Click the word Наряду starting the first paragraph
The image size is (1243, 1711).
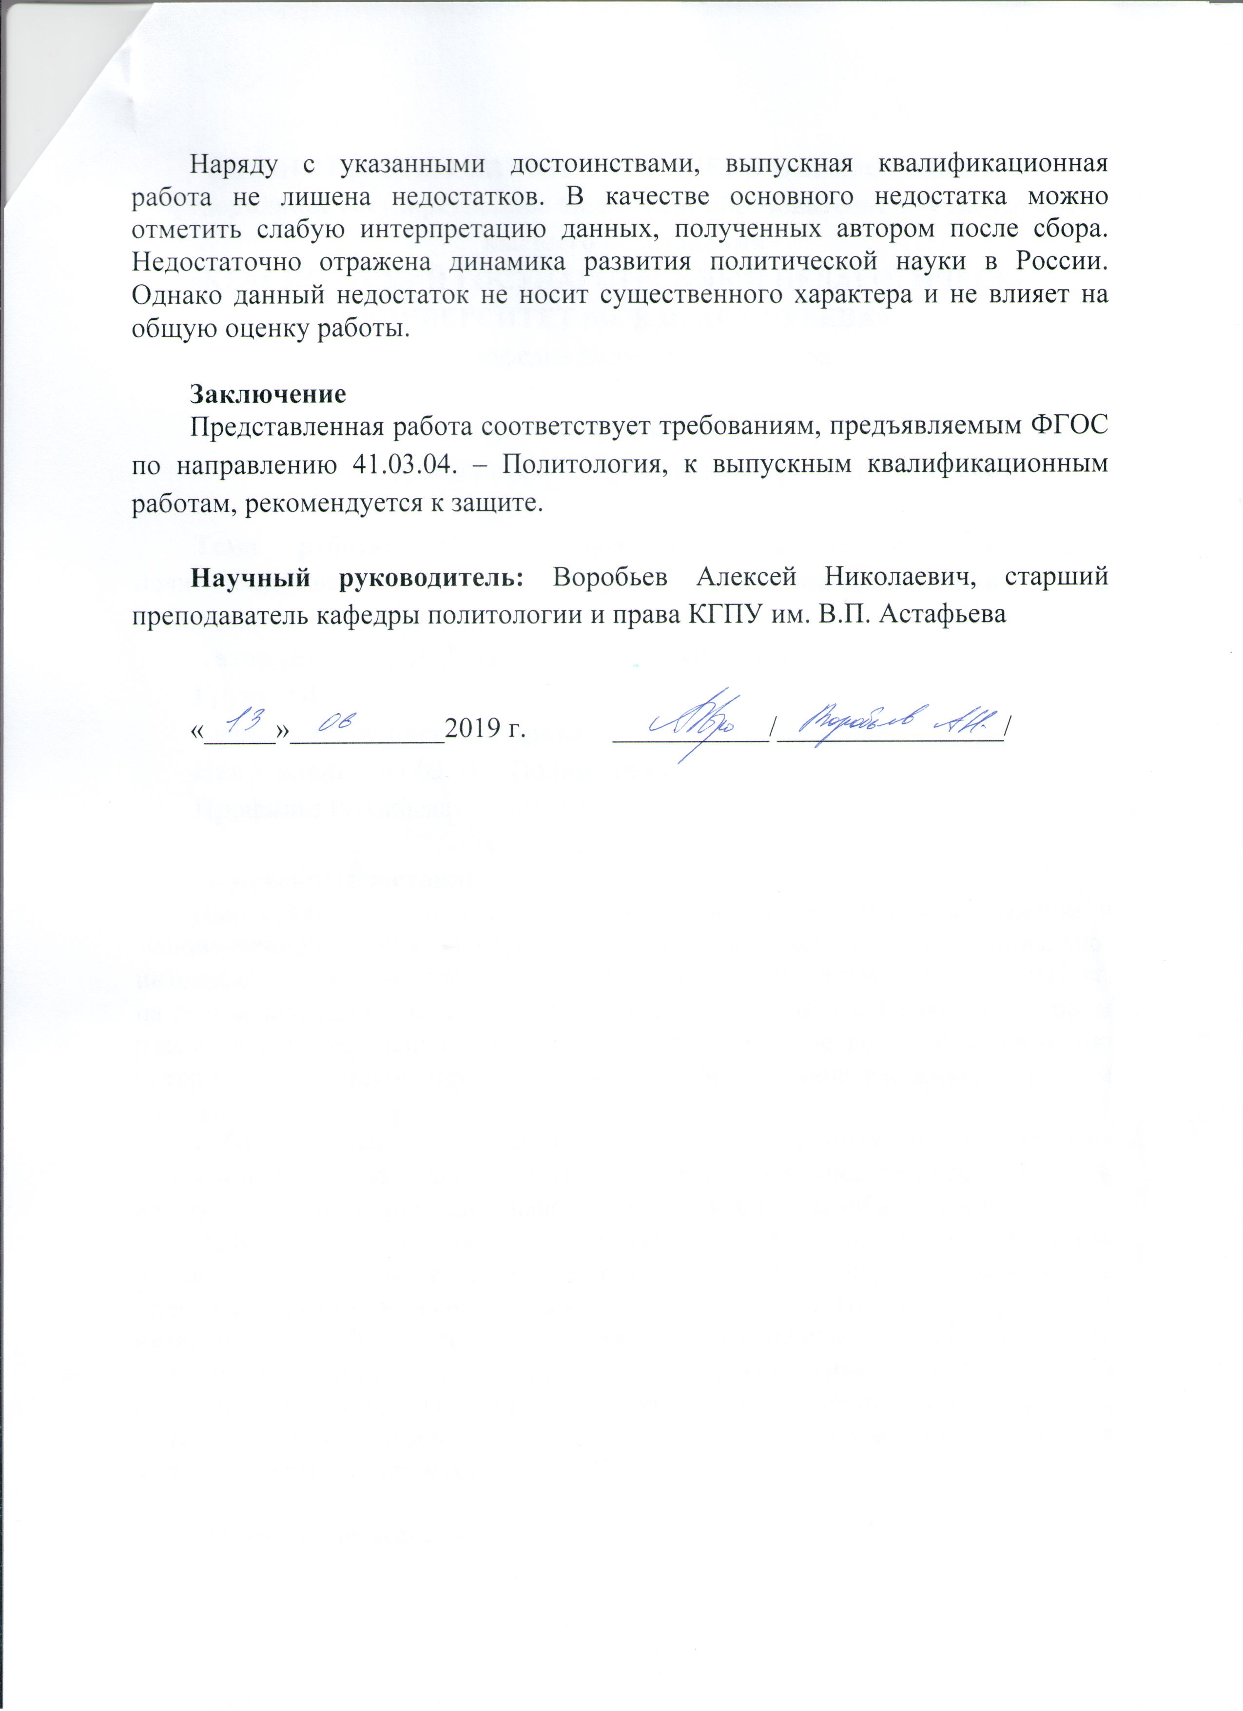234,164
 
